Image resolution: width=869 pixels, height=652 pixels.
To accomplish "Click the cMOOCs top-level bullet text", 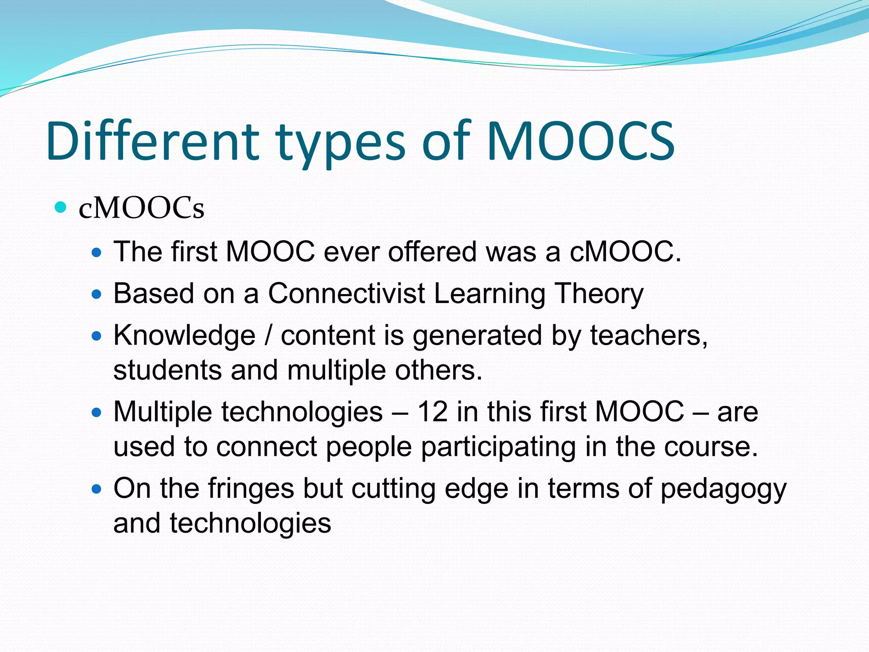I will coord(141,208).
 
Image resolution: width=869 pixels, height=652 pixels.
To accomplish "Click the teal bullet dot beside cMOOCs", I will coord(61,208).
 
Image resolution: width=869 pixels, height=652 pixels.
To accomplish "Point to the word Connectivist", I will coord(346,293).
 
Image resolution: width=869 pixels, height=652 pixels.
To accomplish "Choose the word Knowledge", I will coord(184,336).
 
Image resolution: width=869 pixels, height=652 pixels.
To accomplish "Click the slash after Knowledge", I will coord(267,336).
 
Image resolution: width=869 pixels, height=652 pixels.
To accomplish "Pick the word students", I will coord(167,370).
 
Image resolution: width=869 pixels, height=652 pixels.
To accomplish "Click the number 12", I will coord(432,412).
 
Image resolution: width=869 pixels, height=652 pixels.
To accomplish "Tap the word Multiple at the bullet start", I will coord(163,412).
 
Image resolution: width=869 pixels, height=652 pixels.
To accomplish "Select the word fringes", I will coord(251,489).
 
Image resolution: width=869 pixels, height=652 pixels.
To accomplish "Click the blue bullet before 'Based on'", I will coord(97,294).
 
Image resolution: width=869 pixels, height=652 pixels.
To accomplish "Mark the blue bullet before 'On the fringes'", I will coord(97,489).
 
